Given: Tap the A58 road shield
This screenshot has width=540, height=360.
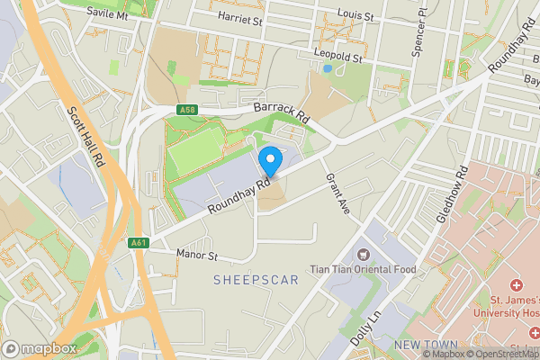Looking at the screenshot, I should tap(187, 110).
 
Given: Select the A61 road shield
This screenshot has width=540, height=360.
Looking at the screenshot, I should tap(138, 243).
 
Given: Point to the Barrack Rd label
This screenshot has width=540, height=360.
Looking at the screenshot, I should tap(281, 112).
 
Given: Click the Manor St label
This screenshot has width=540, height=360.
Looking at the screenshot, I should tap(197, 256).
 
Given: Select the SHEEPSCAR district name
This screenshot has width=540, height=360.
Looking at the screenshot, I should tap(256, 281).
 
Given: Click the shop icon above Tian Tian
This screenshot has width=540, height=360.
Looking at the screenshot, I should tap(364, 255).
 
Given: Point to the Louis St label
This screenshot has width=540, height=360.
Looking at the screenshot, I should tap(356, 15).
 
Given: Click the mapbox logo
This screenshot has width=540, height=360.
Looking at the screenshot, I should tap(40, 348).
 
